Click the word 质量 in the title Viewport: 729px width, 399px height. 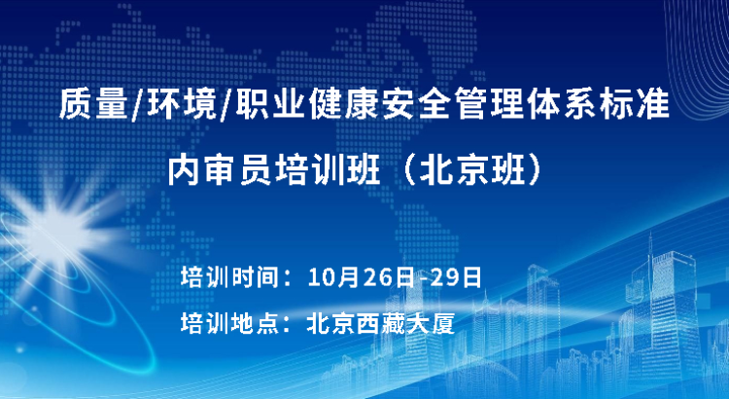tap(93, 105)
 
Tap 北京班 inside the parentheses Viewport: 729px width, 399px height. tap(472, 172)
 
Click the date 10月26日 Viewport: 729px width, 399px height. tap(361, 278)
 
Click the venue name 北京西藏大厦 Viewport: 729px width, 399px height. tap(381, 323)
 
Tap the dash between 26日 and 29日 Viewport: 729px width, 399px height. tap(422, 279)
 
